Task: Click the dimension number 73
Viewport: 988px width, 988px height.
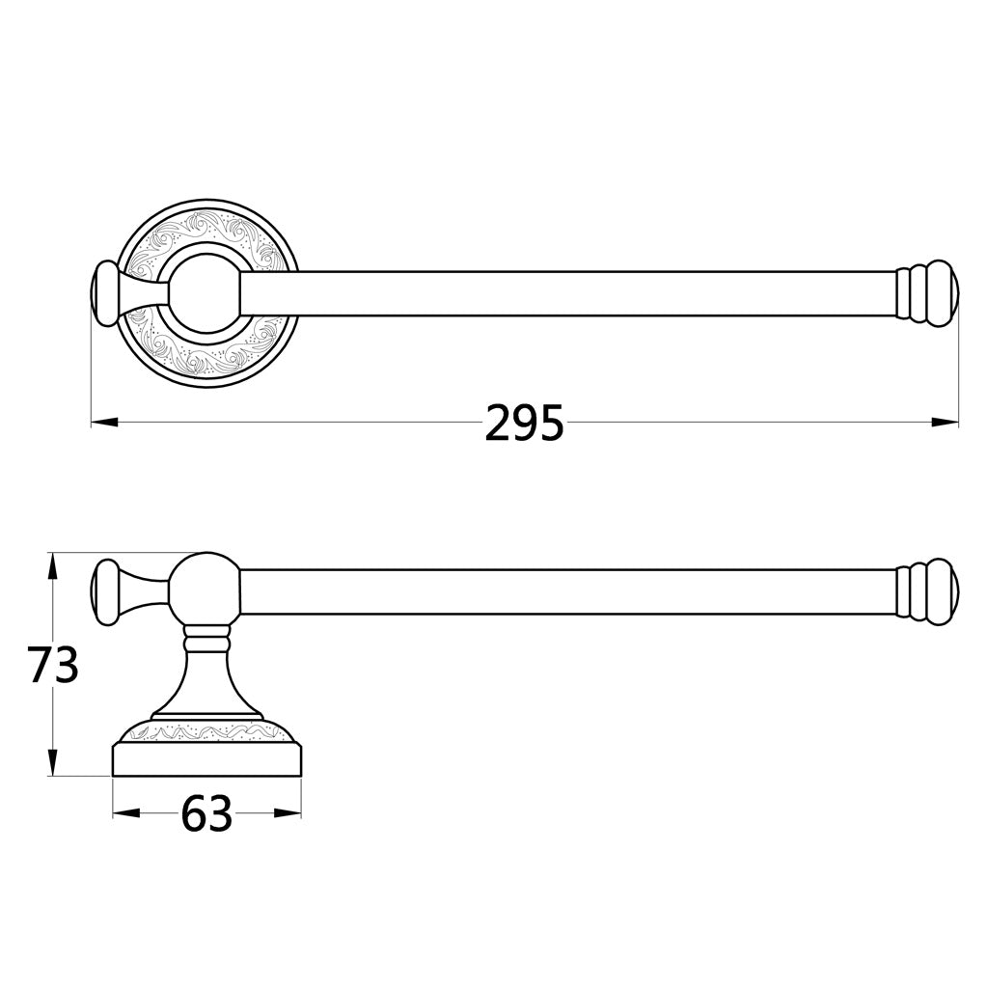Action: point(54,666)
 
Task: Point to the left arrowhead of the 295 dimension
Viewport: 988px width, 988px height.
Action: point(104,423)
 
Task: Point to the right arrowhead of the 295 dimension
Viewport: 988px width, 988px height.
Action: point(946,423)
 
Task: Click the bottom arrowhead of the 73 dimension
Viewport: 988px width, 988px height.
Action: point(54,764)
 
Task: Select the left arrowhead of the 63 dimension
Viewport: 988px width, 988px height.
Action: point(125,812)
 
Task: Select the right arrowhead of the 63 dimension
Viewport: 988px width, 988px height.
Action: point(288,812)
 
